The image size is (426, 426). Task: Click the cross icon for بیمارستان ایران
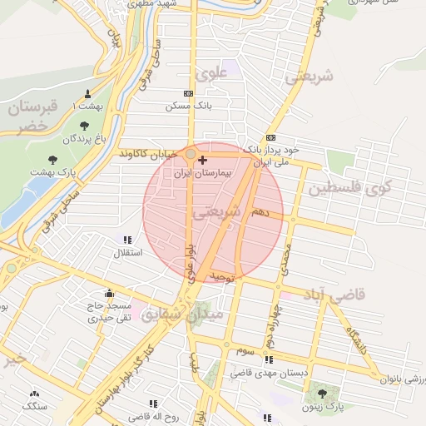[x=203, y=159]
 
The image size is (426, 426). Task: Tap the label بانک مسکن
[x=184, y=106]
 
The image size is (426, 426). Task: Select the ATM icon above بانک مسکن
[x=189, y=94]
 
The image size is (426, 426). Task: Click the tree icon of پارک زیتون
[x=322, y=392]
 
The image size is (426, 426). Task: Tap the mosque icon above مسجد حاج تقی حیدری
[x=109, y=293]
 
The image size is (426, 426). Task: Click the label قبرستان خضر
[x=32, y=116]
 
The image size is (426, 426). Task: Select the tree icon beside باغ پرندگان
[x=84, y=125]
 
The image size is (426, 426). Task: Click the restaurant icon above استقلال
[x=127, y=240]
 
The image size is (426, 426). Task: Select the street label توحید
[x=224, y=275]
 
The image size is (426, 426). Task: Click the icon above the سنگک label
[x=35, y=394]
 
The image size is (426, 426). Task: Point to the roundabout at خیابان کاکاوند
[x=191, y=154]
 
